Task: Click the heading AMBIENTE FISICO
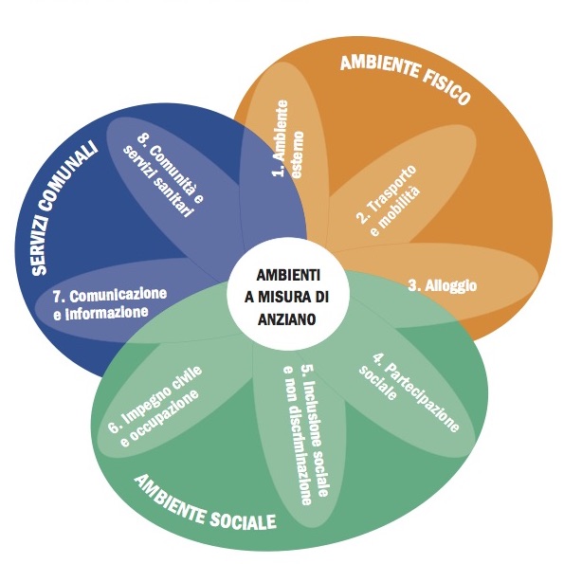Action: coord(406,79)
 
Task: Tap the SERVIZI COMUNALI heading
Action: coord(64,208)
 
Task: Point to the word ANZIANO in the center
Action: coord(286,319)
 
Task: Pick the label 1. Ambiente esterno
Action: coord(286,138)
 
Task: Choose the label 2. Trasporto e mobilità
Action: coord(388,200)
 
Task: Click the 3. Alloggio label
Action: coord(443,285)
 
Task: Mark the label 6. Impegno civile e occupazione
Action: coord(155,408)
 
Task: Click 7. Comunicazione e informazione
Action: coord(110,303)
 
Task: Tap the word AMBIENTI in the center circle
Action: coord(288,275)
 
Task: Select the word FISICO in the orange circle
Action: coord(446,89)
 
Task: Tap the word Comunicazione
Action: coord(118,295)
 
